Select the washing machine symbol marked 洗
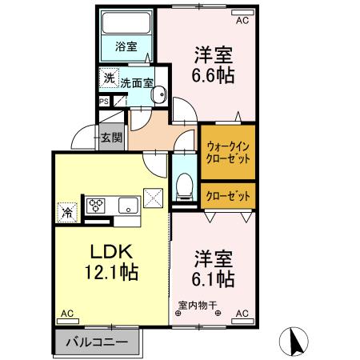tap(109, 79)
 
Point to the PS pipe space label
tap(104, 102)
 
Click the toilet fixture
tap(184, 186)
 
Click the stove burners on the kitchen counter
tap(98, 206)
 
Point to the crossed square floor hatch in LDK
tap(153, 196)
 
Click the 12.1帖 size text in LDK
tap(110, 272)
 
